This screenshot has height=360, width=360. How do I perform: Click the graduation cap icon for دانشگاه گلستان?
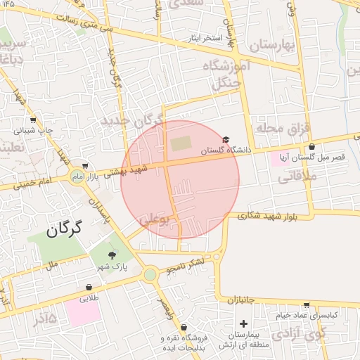click(x=226, y=141)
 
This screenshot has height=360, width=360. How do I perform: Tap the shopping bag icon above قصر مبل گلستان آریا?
click(x=311, y=147)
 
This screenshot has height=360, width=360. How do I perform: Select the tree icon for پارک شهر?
click(x=111, y=255)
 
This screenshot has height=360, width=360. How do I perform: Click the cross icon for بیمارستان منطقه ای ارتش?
click(x=243, y=323)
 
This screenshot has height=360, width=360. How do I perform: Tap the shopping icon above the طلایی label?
click(x=89, y=287)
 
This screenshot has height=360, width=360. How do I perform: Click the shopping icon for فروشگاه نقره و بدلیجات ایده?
click(x=184, y=327)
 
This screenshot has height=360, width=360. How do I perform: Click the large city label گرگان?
click(x=65, y=228)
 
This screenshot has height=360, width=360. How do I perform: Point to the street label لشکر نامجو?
click(x=186, y=266)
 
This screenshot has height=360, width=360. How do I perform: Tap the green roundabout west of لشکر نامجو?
click(x=150, y=274)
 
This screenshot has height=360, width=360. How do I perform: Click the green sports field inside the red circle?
click(x=181, y=144)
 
